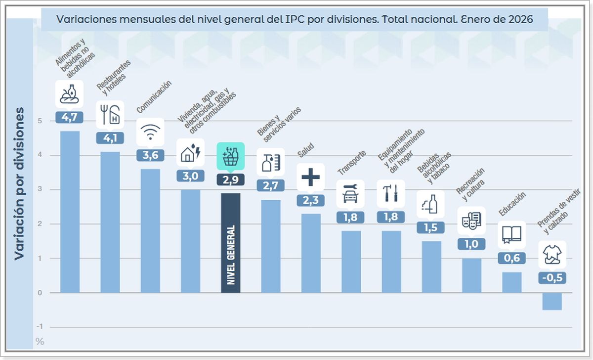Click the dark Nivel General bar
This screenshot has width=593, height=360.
(x=230, y=243)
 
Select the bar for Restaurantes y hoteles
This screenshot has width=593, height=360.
(x=110, y=222)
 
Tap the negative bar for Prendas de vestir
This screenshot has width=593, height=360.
(x=551, y=301)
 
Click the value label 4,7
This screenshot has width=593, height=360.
(x=70, y=118)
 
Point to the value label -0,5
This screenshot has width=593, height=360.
(x=552, y=278)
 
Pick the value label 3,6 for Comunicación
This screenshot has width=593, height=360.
(x=150, y=155)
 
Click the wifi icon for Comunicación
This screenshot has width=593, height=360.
(x=150, y=132)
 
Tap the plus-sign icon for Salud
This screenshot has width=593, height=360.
(x=311, y=177)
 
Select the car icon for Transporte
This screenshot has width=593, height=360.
(x=350, y=194)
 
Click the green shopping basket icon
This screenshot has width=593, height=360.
(x=231, y=157)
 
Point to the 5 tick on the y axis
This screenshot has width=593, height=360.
(x=39, y=121)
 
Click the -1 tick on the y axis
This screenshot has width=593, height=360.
(x=40, y=327)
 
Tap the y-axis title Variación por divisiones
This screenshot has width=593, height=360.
(x=19, y=183)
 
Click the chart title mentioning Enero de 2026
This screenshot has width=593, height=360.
(x=295, y=19)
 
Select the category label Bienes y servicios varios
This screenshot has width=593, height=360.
(x=279, y=124)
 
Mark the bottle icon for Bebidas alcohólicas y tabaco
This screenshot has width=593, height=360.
(x=430, y=204)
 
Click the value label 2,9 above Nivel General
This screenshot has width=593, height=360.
(x=231, y=180)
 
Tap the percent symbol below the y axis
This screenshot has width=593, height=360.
(x=40, y=342)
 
